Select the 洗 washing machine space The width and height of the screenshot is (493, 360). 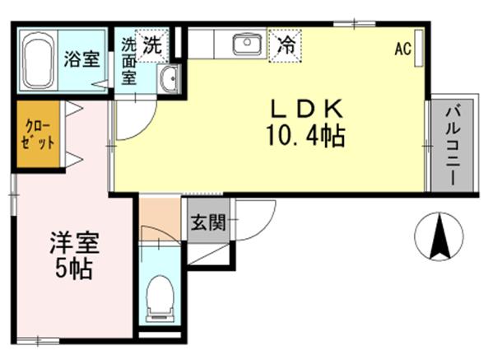pos(152,45)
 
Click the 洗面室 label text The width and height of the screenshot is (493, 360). pos(129,61)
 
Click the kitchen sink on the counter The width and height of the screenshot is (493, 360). pos(244,44)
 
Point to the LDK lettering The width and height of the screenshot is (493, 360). pos(303,110)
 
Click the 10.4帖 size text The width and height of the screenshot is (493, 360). pos(305,135)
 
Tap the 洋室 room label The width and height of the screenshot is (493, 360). pos(75,244)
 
